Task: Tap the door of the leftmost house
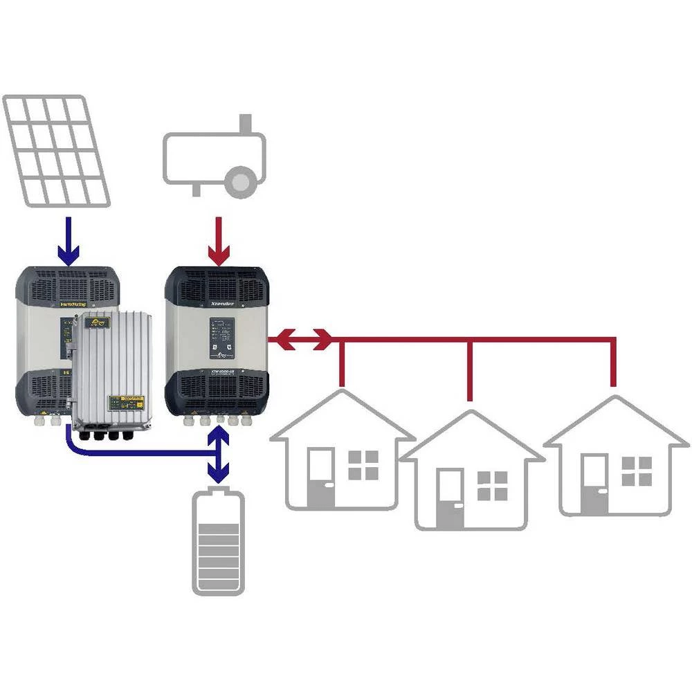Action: point(320,477)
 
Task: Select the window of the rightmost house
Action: point(636,471)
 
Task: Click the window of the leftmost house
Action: point(363,464)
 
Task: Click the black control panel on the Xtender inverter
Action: point(223,340)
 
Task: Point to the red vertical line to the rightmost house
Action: point(613,363)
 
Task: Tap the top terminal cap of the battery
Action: point(219,492)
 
